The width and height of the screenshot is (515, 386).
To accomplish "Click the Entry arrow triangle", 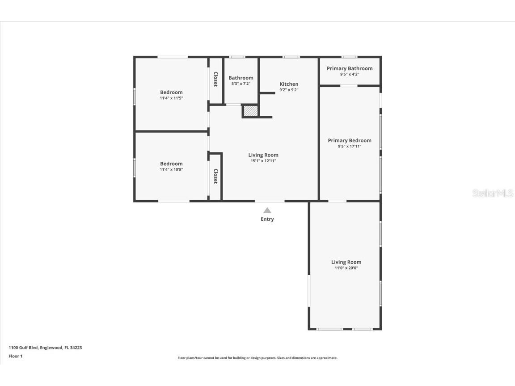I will click(267, 210).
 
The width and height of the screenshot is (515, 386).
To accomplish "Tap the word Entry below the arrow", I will click(267, 219).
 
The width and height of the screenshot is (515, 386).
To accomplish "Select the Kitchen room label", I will click(289, 84).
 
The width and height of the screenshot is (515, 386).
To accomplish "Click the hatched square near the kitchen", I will click(251, 111).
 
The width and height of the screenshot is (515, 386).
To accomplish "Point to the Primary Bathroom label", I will click(349, 68).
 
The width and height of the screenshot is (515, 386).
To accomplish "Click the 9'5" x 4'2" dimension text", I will click(349, 74).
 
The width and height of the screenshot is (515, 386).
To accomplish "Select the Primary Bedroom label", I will click(349, 140).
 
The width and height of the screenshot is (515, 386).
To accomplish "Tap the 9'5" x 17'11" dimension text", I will click(349, 146).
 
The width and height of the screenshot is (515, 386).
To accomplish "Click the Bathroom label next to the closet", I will click(241, 78).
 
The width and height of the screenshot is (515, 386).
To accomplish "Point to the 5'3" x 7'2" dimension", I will click(241, 84).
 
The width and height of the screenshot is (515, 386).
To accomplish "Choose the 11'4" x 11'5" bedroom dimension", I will click(171, 98).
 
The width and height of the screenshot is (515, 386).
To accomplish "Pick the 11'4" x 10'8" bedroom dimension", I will click(171, 169).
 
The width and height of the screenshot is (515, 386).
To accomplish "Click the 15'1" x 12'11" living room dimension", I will click(263, 161).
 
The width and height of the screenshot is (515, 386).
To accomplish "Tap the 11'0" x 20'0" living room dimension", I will click(346, 268).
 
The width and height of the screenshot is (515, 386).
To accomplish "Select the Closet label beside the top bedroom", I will click(215, 79).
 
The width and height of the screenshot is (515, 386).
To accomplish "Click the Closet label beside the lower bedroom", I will click(215, 176).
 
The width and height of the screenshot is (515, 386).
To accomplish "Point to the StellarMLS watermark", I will click(493, 193).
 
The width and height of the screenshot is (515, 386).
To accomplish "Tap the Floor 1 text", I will click(16, 356).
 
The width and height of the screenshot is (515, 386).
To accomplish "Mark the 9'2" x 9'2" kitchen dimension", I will click(289, 90).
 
